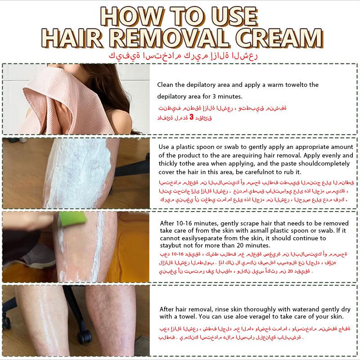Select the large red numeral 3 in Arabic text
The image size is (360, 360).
tap(191, 117)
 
